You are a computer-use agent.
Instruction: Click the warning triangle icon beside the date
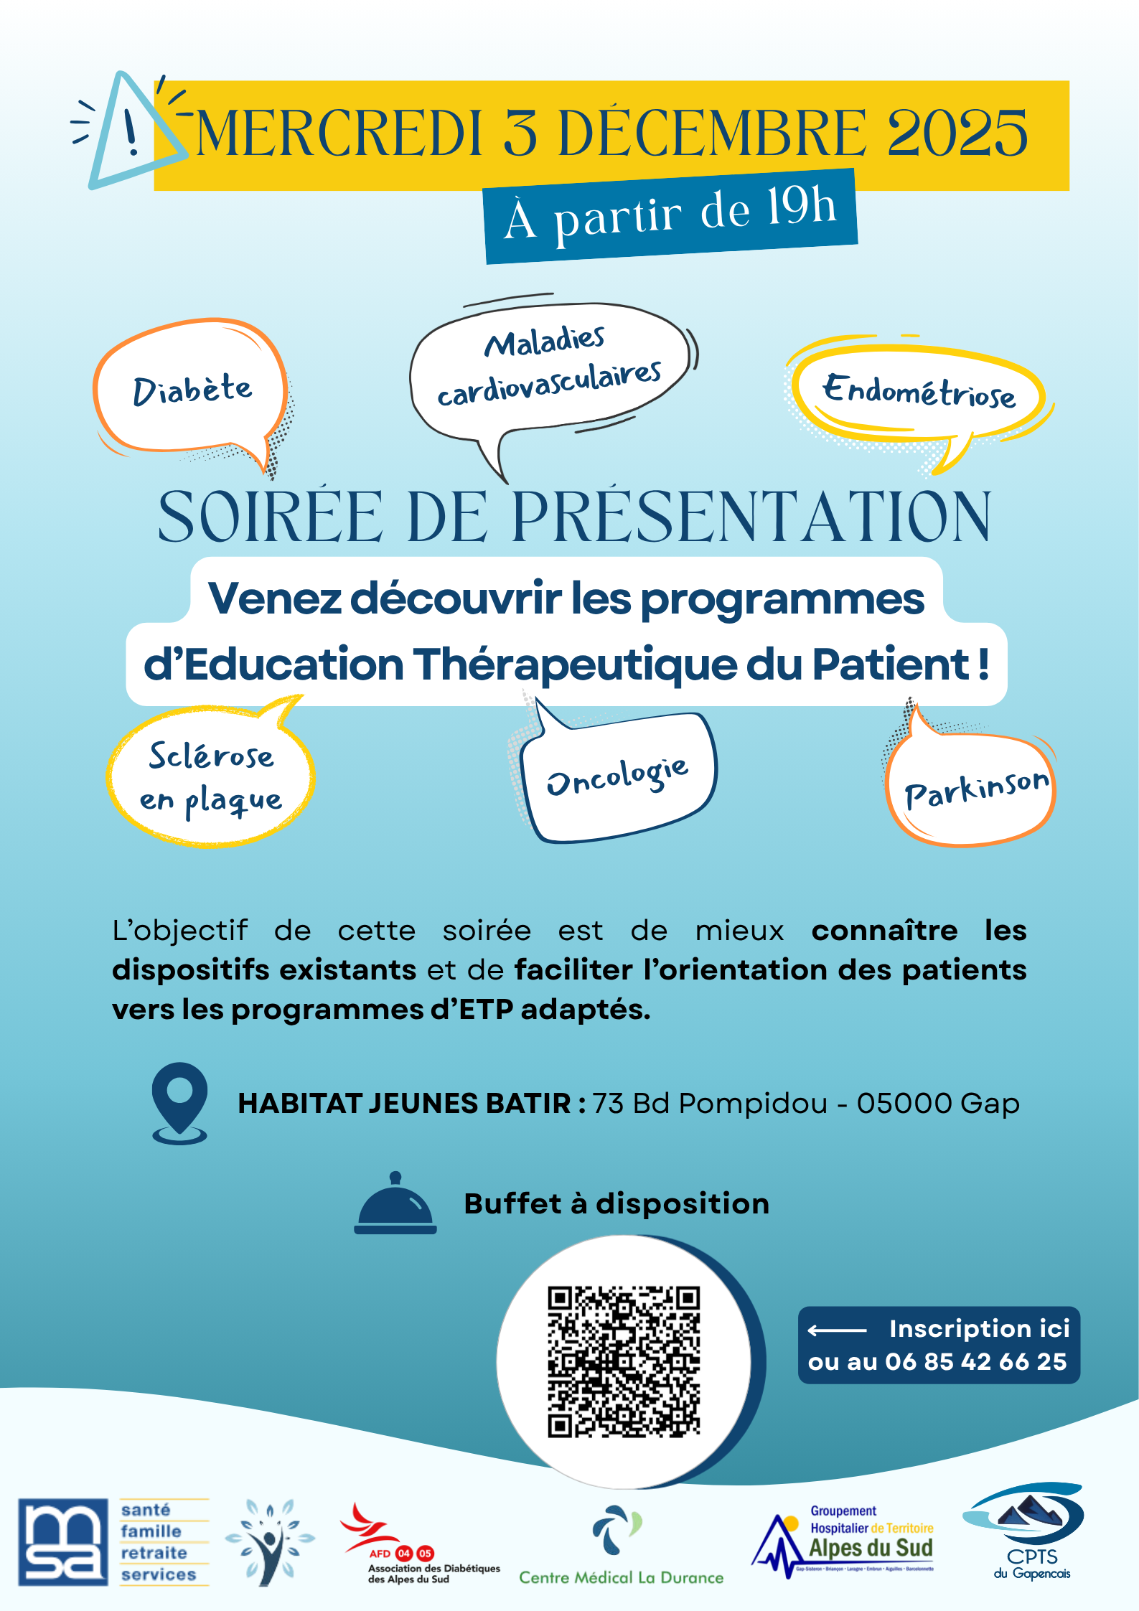(129, 133)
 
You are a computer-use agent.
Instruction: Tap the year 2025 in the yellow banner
(957, 134)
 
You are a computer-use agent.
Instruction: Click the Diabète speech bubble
(192, 390)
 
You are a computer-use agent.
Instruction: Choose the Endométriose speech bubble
(919, 392)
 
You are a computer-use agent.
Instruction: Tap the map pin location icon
(179, 1102)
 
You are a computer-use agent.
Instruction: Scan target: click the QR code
(623, 1361)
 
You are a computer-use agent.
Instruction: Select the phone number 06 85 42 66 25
(976, 1362)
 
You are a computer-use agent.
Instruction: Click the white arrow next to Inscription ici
(837, 1330)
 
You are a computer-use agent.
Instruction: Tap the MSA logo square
(63, 1541)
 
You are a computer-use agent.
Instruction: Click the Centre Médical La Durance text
(622, 1577)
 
